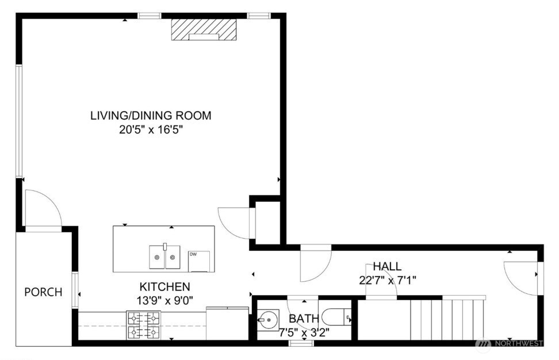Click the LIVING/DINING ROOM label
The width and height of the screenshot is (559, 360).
click(x=151, y=116)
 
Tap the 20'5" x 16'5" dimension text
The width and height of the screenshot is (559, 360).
click(x=151, y=130)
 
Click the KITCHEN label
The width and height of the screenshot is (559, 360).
click(x=164, y=286)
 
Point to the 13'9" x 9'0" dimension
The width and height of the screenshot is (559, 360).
click(x=164, y=299)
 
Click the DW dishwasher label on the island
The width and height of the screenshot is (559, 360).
click(x=193, y=254)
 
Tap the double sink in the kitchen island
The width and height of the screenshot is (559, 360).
click(x=165, y=256)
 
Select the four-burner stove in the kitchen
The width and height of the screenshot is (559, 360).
click(x=143, y=325)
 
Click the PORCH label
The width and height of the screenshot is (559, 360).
click(x=43, y=292)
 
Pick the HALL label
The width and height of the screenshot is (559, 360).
click(x=387, y=267)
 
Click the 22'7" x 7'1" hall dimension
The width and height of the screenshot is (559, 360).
click(x=387, y=281)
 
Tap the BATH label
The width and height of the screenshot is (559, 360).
click(x=300, y=319)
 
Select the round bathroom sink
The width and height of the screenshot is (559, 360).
click(x=267, y=317)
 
